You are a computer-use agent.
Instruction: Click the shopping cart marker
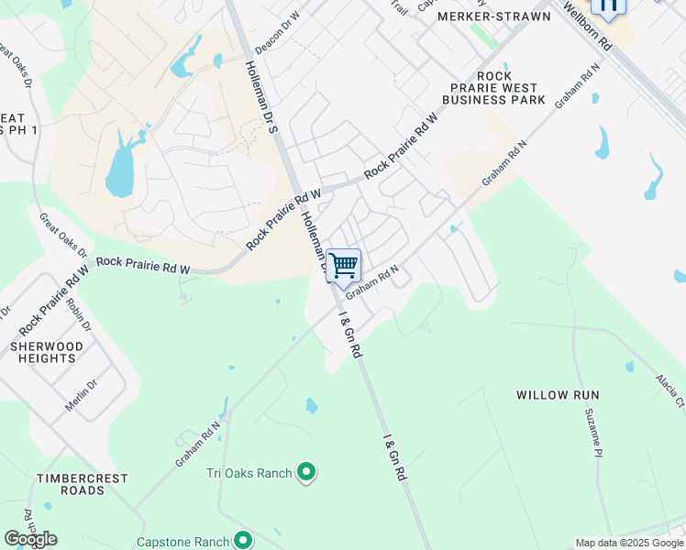pyautogui.click(x=343, y=266)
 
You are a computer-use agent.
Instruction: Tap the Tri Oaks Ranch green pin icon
pyautogui.click(x=307, y=473)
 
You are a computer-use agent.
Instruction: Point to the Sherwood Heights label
pyautogui.click(x=46, y=352)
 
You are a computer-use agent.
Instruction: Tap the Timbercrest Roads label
pyautogui.click(x=83, y=484)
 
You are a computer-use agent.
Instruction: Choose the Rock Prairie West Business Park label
pyautogui.click(x=493, y=87)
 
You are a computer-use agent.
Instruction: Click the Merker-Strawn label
pyautogui.click(x=494, y=16)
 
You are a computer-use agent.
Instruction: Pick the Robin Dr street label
pyautogui.click(x=80, y=313)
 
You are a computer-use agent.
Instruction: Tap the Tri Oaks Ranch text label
pyautogui.click(x=249, y=473)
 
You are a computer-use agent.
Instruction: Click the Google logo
pyautogui.click(x=30, y=539)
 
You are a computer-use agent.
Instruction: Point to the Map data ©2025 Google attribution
pyautogui.click(x=629, y=543)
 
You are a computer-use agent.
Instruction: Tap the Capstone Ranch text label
pyautogui.click(x=183, y=542)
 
